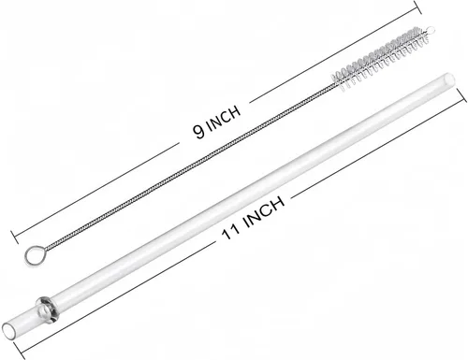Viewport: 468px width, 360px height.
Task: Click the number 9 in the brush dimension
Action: (x=199, y=131)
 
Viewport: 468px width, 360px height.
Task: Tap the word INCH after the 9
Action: (x=224, y=118)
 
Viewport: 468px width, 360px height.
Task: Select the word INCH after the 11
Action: (x=265, y=212)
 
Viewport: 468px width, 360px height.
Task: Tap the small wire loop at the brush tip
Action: (x=431, y=29)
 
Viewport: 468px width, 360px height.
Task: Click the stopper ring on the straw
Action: (x=46, y=309)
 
